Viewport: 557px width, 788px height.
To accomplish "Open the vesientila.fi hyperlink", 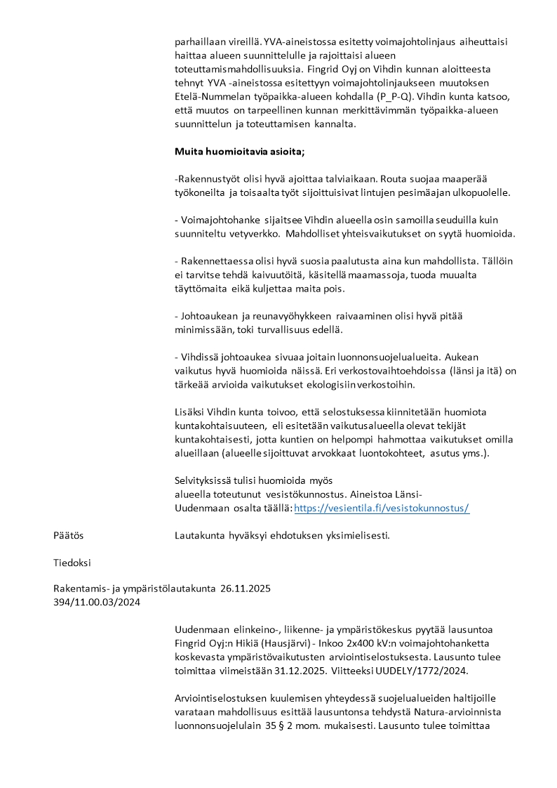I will coord(381,508).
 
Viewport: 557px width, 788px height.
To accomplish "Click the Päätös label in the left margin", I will coord(68,535).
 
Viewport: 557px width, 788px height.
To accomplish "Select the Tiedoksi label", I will coord(72,562).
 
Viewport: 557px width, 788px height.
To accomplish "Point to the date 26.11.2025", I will coord(246,588).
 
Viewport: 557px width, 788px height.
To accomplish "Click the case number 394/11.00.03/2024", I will coord(96,601).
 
